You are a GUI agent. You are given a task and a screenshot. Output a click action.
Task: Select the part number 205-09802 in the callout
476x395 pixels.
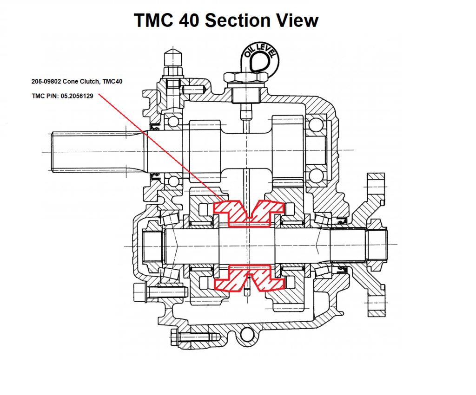[x=47, y=82]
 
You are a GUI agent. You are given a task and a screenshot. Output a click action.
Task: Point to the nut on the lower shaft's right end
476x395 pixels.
[x=376, y=245]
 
